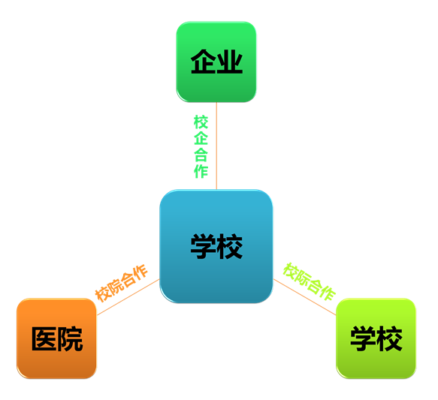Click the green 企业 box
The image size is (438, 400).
tap(216, 62)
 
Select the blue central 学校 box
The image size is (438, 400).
tap(216, 246)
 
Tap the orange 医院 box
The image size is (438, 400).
tap(56, 338)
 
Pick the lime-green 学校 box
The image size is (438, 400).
tap(376, 338)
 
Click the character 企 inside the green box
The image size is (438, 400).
tap(204, 62)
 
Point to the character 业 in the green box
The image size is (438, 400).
tap(230, 62)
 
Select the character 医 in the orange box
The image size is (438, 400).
tap(44, 338)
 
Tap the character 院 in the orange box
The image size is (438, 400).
tap(70, 338)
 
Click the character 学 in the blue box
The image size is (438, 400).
tap(204, 247)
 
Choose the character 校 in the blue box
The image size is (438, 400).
tap(230, 247)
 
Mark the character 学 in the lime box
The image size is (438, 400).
tap(363, 338)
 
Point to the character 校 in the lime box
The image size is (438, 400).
tap(389, 338)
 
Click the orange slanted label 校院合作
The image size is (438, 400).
tap(121, 283)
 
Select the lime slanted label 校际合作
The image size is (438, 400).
tap(310, 281)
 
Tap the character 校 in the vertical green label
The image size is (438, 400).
tap(201, 122)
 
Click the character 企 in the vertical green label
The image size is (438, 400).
tap(201, 138)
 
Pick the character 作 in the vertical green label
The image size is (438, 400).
tap(201, 170)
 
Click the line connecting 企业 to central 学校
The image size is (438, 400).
tap(216, 146)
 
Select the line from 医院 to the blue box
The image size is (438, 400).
tap(128, 297)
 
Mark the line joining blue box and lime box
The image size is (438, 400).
tap(304, 296)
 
